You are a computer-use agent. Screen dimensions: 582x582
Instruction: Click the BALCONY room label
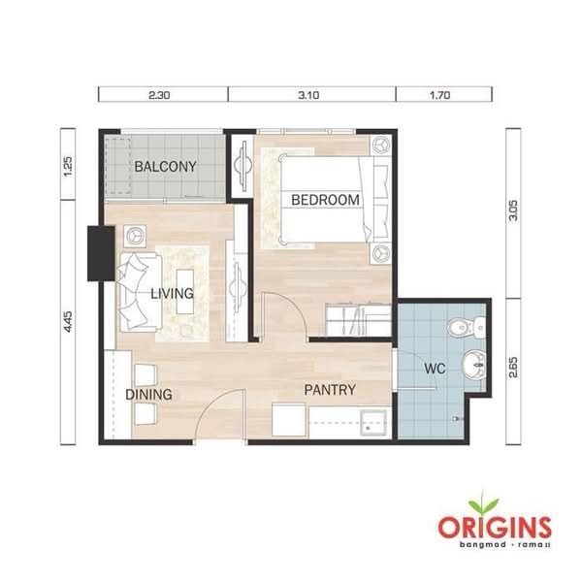(x=165, y=167)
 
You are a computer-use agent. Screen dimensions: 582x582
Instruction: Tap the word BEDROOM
(x=326, y=201)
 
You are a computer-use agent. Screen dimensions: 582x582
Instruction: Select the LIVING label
(x=172, y=293)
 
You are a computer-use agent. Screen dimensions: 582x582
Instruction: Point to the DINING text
(x=148, y=395)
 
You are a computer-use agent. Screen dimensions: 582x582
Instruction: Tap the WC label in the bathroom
(x=435, y=370)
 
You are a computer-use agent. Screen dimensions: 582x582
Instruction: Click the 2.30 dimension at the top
(x=161, y=95)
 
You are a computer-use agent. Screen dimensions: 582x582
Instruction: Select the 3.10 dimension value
(x=311, y=95)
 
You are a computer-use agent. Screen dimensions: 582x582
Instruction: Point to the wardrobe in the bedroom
(x=357, y=319)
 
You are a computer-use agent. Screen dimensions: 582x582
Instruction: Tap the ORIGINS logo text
(x=494, y=529)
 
